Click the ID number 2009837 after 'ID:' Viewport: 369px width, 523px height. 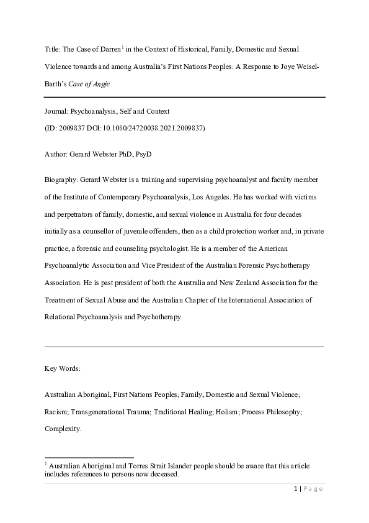(72, 128)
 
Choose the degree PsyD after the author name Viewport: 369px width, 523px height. (144, 153)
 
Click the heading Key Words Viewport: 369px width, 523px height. (62, 368)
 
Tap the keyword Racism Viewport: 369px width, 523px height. (56, 412)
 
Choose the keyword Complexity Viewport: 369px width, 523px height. (63, 429)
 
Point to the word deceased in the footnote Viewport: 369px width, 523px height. (162, 475)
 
